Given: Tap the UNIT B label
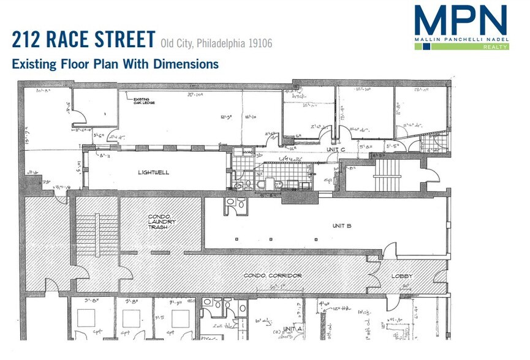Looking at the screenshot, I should click(341, 226).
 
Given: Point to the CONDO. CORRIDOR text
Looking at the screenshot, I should click(273, 276).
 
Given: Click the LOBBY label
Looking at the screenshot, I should click(402, 276).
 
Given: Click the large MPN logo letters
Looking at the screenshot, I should click(460, 21).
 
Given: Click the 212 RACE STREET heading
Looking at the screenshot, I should click(83, 40).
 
